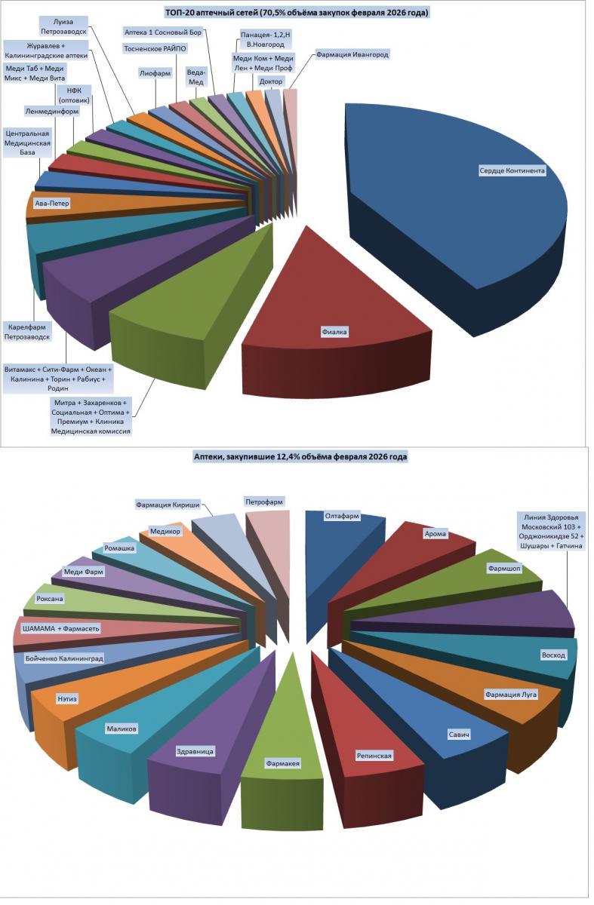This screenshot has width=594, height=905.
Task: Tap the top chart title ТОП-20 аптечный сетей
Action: (x=302, y=13)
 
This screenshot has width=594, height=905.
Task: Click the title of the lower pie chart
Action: (x=300, y=457)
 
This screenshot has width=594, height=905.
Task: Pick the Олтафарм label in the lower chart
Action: (x=341, y=517)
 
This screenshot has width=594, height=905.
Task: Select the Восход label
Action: (x=553, y=655)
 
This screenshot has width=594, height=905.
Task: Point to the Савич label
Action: (x=458, y=733)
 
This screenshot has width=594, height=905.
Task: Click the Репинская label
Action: (x=374, y=754)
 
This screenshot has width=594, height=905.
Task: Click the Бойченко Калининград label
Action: (x=64, y=658)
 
